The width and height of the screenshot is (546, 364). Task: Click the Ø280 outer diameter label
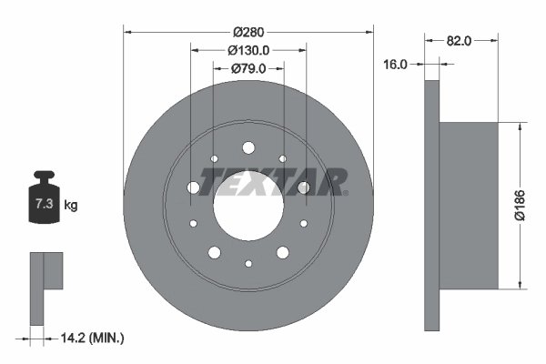point(248,32)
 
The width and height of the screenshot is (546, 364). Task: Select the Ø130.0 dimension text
point(248,50)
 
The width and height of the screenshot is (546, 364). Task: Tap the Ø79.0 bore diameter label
point(248,68)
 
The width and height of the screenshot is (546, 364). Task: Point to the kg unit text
point(71,206)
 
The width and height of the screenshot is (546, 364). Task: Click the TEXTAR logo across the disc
point(273,182)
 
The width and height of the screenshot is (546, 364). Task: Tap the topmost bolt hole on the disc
point(248,147)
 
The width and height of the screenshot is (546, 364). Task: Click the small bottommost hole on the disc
point(248,263)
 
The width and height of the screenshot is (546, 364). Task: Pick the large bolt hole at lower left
point(214,252)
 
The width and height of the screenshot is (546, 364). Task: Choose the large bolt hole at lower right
point(283,252)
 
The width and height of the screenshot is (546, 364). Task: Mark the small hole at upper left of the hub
point(214,158)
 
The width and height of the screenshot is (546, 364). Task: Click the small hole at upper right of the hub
point(283,158)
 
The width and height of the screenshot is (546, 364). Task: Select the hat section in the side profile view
point(469,205)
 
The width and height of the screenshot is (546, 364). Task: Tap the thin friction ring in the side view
point(432,205)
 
